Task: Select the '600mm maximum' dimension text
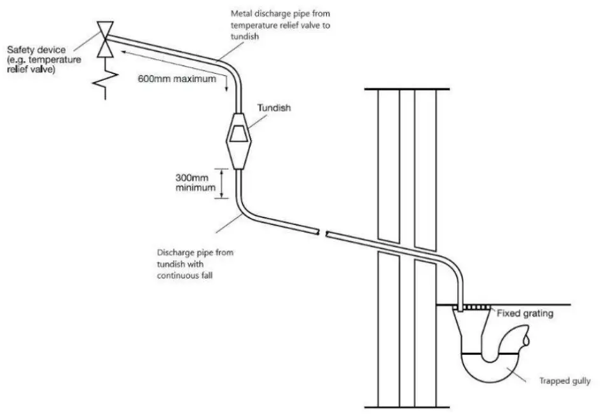click(176, 80)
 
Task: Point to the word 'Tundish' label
click(273, 108)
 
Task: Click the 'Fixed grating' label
click(525, 313)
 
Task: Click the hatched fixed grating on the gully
click(474, 308)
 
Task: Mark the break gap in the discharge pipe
click(322, 234)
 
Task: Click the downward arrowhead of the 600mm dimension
click(227, 89)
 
